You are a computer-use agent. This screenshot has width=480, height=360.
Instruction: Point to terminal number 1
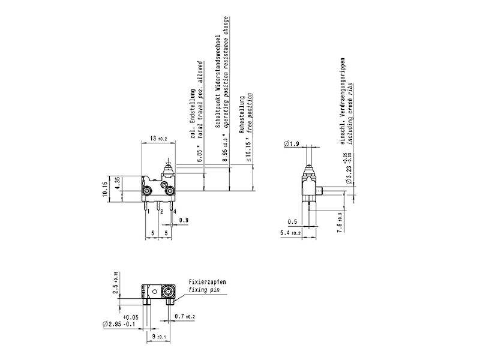point(148,211)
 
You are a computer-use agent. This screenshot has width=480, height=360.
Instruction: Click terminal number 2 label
point(161,211)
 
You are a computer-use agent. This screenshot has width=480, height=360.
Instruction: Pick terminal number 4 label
point(175,211)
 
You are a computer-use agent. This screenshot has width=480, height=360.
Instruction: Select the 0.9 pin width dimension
point(184,220)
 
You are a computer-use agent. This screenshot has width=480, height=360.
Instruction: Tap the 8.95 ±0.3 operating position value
point(225,148)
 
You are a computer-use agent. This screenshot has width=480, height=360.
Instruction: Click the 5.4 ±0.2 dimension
point(290,232)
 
